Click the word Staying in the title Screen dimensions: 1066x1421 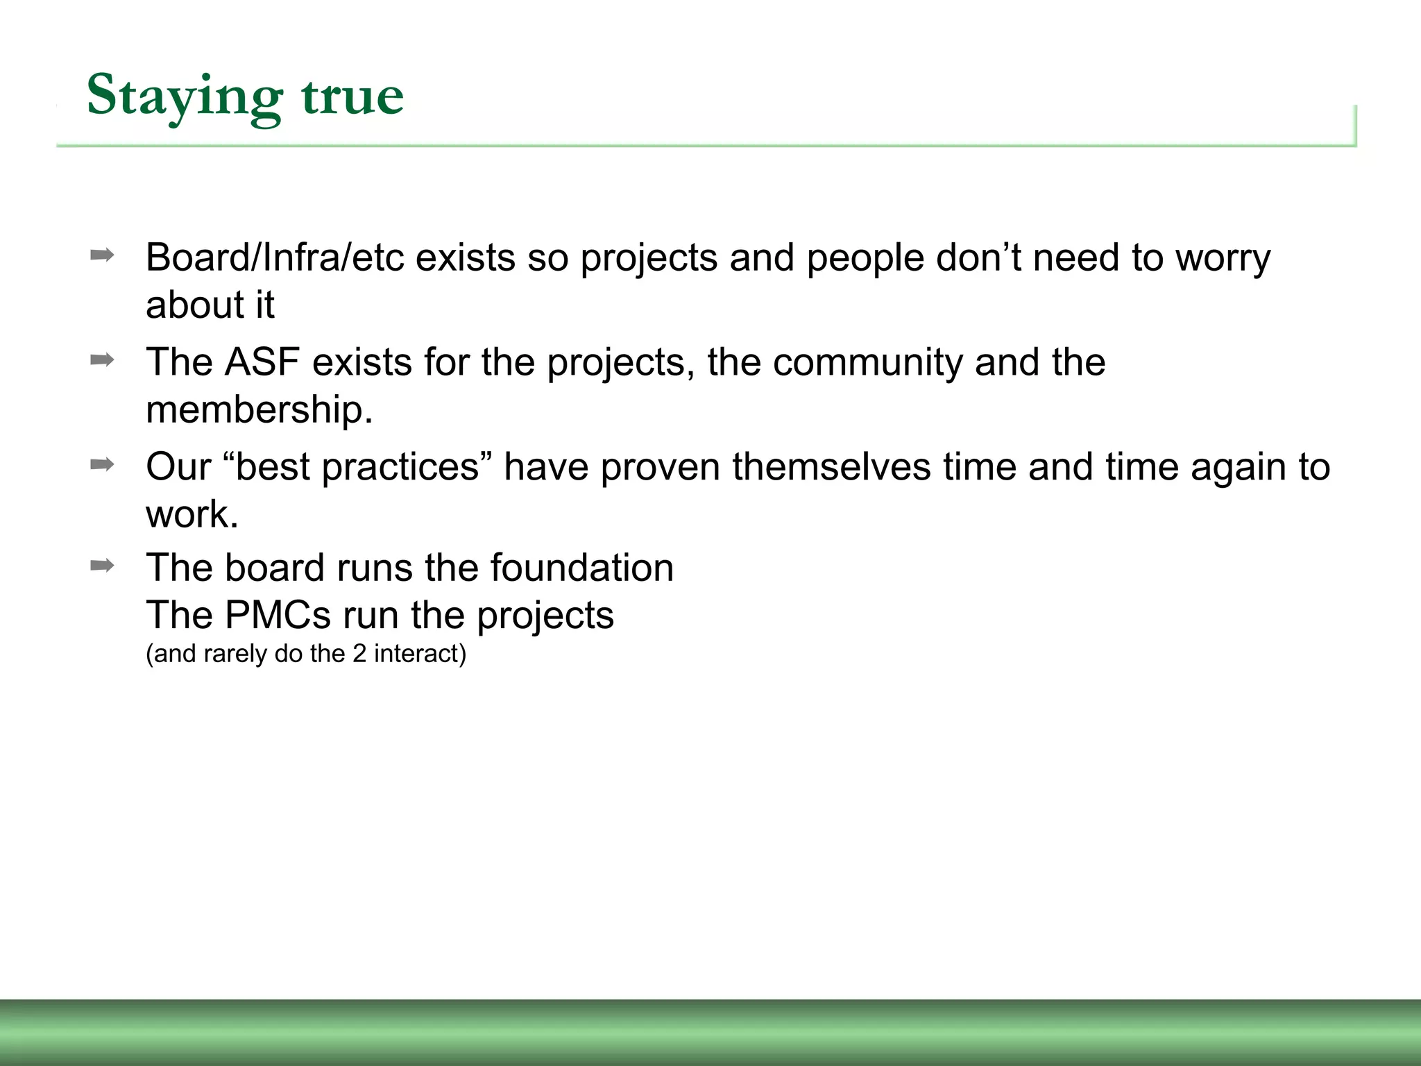click(184, 97)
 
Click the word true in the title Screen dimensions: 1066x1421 click(352, 97)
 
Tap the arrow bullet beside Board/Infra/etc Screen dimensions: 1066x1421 click(102, 255)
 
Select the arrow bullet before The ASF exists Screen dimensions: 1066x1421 click(102, 359)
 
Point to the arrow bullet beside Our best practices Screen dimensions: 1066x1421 click(102, 464)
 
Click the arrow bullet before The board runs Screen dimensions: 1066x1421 click(102, 566)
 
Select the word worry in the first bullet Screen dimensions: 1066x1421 click(1223, 258)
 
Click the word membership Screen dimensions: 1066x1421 click(259, 409)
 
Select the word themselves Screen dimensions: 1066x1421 click(831, 467)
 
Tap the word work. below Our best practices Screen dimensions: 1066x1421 click(192, 514)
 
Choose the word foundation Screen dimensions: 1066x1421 click(581, 568)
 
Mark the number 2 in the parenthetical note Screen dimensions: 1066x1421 click(359, 654)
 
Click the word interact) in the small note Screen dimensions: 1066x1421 click(420, 654)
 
